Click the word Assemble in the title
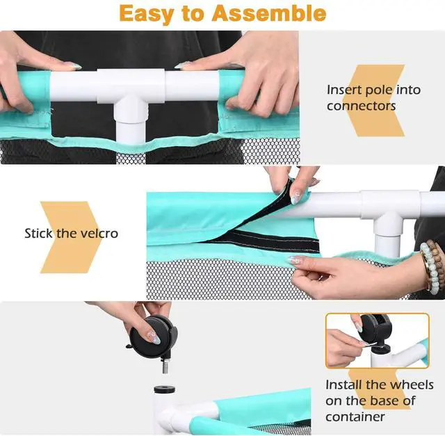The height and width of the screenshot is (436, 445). click(x=269, y=13)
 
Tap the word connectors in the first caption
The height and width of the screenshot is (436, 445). click(x=361, y=106)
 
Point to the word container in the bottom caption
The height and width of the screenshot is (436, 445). click(x=355, y=417)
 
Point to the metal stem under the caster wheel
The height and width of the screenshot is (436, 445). click(x=165, y=366)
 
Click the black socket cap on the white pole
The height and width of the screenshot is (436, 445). click(x=164, y=389)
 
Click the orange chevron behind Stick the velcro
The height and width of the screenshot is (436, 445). click(x=70, y=237)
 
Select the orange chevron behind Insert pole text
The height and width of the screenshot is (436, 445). click(x=373, y=101)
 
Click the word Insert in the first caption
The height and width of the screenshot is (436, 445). click(x=344, y=90)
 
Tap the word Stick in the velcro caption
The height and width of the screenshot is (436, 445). click(x=39, y=234)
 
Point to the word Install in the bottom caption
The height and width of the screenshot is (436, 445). click(x=344, y=385)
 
